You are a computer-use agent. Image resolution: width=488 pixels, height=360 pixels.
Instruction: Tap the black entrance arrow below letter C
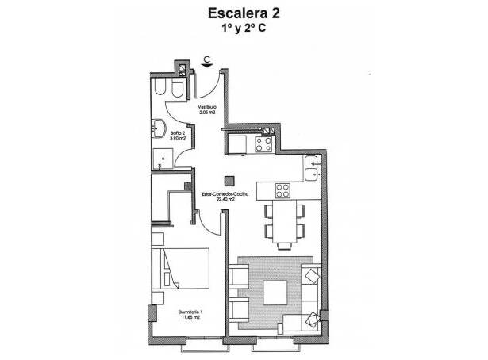(206, 67)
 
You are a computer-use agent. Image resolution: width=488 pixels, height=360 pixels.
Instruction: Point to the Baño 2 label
(176, 133)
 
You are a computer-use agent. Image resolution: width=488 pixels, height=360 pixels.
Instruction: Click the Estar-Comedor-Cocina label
(231, 194)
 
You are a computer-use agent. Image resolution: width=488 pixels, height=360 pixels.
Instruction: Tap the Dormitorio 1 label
(190, 312)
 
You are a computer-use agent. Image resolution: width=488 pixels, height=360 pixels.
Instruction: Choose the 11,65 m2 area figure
(190, 319)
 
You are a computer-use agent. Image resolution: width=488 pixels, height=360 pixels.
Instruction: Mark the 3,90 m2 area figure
(178, 139)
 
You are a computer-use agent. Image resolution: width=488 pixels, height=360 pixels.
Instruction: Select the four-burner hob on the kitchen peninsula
(282, 190)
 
